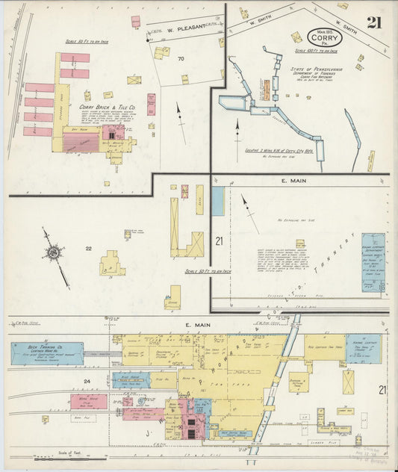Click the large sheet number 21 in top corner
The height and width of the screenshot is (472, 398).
coord(373,22)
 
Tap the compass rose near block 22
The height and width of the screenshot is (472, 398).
coord(55,253)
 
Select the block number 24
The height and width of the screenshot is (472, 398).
coord(87,382)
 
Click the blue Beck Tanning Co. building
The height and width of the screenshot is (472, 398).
coord(46,353)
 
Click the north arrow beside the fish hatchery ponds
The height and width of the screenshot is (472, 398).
coord(237,134)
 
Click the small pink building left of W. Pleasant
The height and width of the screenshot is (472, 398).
coord(136,22)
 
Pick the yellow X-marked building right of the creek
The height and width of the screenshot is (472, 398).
coord(349,382)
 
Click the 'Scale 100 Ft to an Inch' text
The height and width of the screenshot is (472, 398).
coord(316,51)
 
